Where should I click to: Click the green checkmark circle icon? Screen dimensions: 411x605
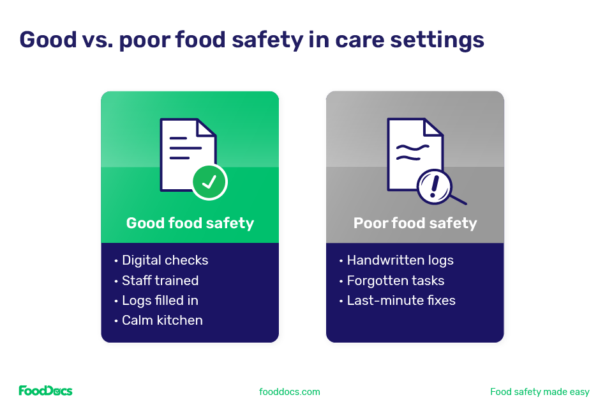pyautogui.click(x=209, y=182)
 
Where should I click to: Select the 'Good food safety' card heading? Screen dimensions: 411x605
pyautogui.click(x=190, y=223)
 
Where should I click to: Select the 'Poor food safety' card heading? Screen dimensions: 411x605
pyautogui.click(x=415, y=223)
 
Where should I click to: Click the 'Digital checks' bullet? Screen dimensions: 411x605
pyautogui.click(x=165, y=260)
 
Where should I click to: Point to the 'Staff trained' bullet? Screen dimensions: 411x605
pyautogui.click(x=160, y=281)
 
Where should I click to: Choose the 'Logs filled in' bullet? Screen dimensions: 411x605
pyautogui.click(x=160, y=300)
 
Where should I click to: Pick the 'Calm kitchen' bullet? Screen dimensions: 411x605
pyautogui.click(x=162, y=320)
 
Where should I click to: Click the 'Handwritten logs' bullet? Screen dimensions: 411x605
pyautogui.click(x=400, y=260)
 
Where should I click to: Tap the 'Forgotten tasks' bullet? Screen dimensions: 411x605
pyautogui.click(x=395, y=281)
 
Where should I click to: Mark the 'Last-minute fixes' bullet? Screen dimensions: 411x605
pyautogui.click(x=401, y=300)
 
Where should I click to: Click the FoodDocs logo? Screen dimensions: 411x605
pyautogui.click(x=45, y=391)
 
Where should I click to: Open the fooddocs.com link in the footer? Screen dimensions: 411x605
pyautogui.click(x=290, y=392)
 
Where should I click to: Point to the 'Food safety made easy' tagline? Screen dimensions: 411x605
pyautogui.click(x=540, y=392)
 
